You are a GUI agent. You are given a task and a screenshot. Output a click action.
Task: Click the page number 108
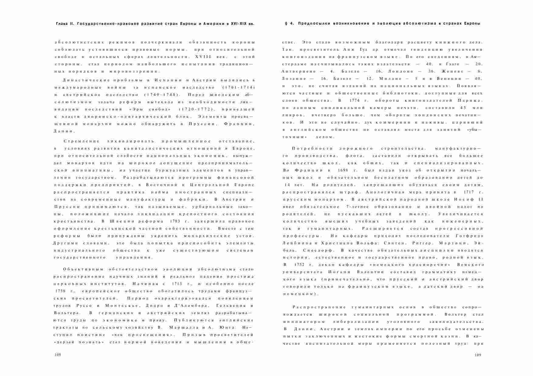point(57,354)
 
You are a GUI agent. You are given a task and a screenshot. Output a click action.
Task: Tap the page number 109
point(478,354)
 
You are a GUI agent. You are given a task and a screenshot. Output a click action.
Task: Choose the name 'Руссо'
point(84,306)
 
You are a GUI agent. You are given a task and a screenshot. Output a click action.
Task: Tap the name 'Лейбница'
point(295,243)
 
